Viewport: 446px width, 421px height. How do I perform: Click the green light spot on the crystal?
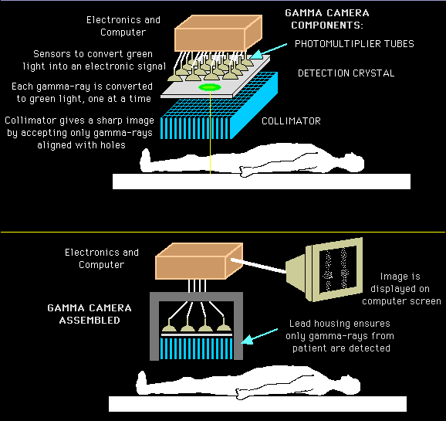coord(210,87)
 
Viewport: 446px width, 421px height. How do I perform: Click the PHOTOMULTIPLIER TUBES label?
coord(354,44)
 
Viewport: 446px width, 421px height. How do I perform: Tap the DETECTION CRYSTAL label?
coord(346,73)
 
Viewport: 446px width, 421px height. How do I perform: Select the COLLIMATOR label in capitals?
coord(291,121)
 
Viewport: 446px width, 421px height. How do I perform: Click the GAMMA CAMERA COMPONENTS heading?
coord(327,19)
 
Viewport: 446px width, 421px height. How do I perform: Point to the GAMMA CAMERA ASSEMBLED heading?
coord(90,314)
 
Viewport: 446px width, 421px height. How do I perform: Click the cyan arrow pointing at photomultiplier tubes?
coord(269,51)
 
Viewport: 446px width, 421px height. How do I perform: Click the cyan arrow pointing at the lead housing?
coord(259,336)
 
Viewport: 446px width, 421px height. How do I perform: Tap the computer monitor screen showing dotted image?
coord(337,269)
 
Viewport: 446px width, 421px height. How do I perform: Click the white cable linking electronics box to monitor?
coord(258,266)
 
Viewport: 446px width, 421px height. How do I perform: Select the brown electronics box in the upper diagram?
coord(218,34)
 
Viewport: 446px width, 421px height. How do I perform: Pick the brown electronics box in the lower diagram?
coord(199,261)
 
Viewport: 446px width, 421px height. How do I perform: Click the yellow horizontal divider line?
coord(223,233)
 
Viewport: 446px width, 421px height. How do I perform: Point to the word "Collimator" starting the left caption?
coord(29,121)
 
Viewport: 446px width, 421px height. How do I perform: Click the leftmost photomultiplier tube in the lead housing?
coord(170,325)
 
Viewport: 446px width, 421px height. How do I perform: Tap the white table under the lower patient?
coord(258,404)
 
